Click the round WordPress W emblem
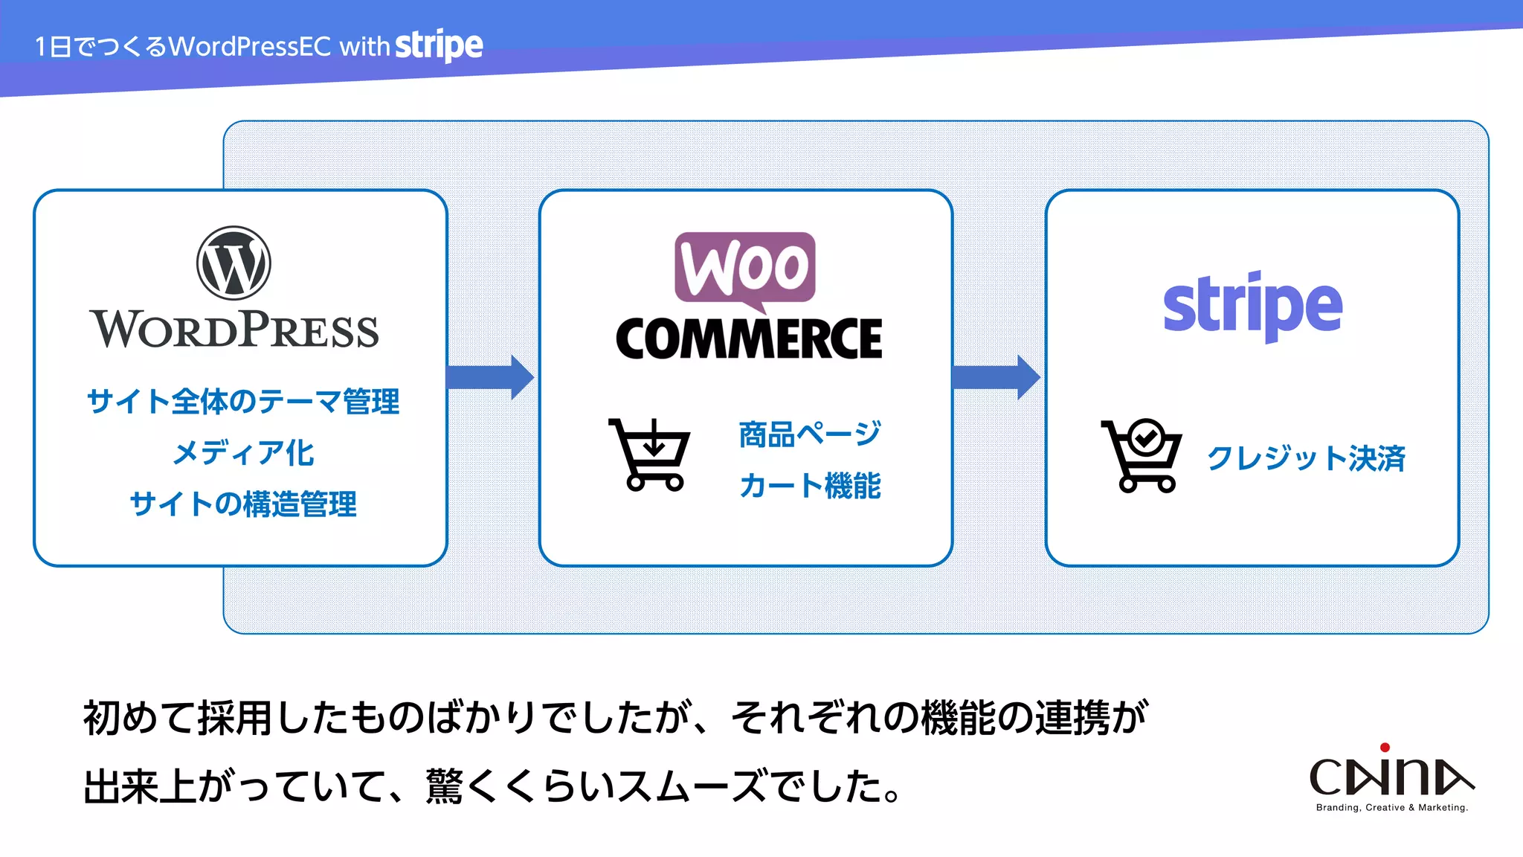coord(234,263)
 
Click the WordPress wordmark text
coord(234,330)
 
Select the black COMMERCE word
coord(749,339)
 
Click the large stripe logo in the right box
coord(1252,306)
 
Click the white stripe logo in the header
coord(439,45)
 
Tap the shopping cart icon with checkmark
coord(1142,455)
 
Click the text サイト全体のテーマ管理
coord(242,402)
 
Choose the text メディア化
coord(243,453)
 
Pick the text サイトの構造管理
coord(242,504)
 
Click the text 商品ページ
coord(810,434)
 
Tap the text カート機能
coord(810,486)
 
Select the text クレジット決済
coord(1306,458)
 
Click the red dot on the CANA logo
coord(1385,748)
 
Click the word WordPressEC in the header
coord(250,47)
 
